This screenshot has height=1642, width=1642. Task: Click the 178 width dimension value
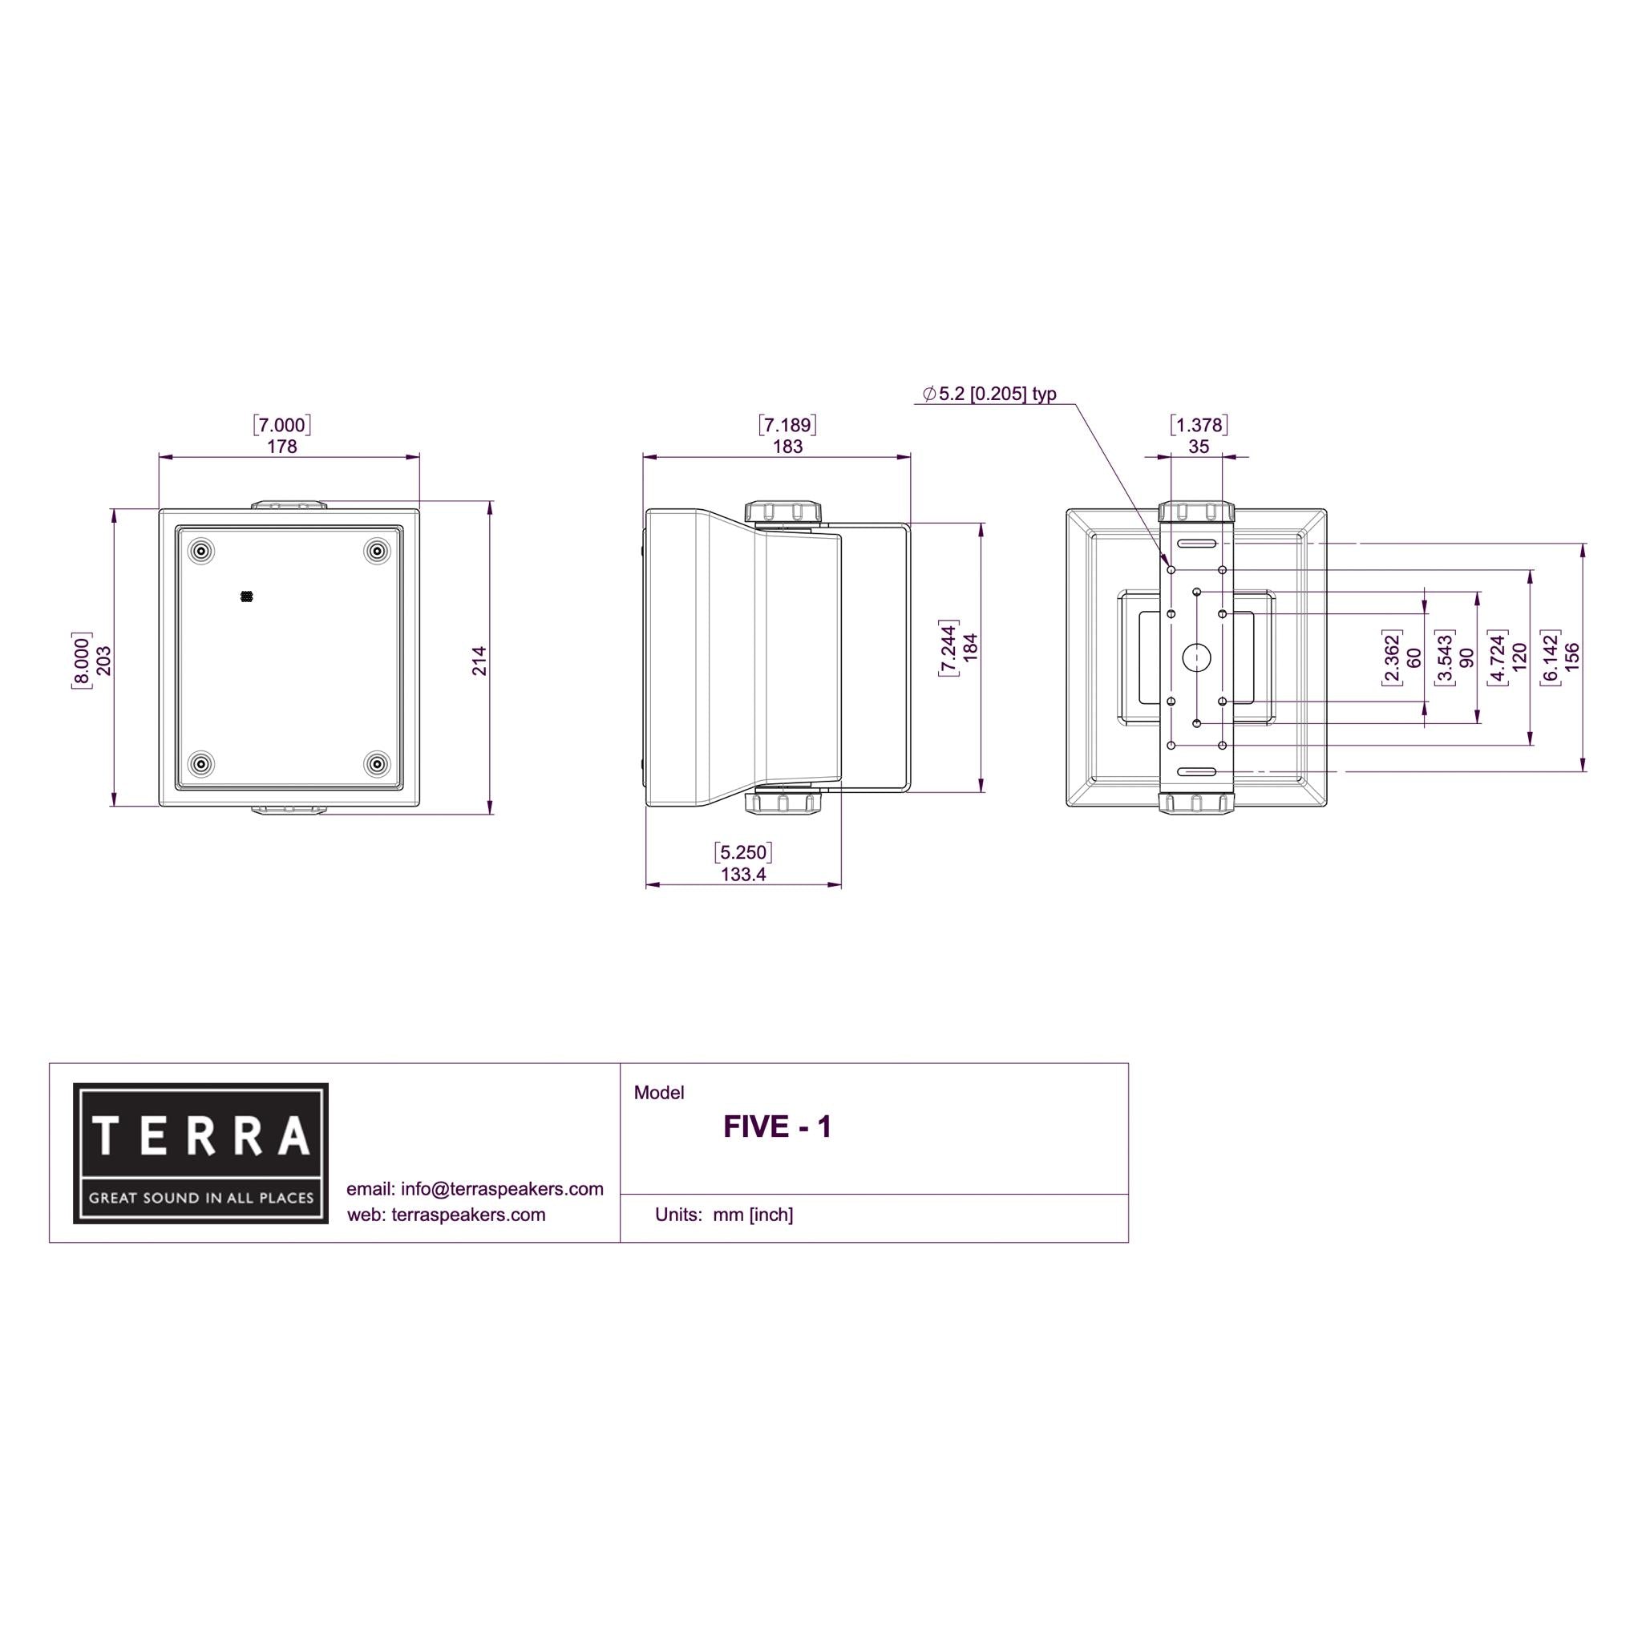[282, 447]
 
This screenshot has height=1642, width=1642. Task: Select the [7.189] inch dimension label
[788, 424]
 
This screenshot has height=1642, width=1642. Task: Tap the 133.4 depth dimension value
[744, 875]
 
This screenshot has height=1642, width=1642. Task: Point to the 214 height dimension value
[480, 661]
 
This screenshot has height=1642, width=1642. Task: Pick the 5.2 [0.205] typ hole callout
[990, 394]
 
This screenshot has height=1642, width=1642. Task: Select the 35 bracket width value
[1199, 447]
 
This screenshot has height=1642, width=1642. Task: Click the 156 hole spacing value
[1572, 657]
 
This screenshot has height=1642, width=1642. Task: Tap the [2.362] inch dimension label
[1391, 657]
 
